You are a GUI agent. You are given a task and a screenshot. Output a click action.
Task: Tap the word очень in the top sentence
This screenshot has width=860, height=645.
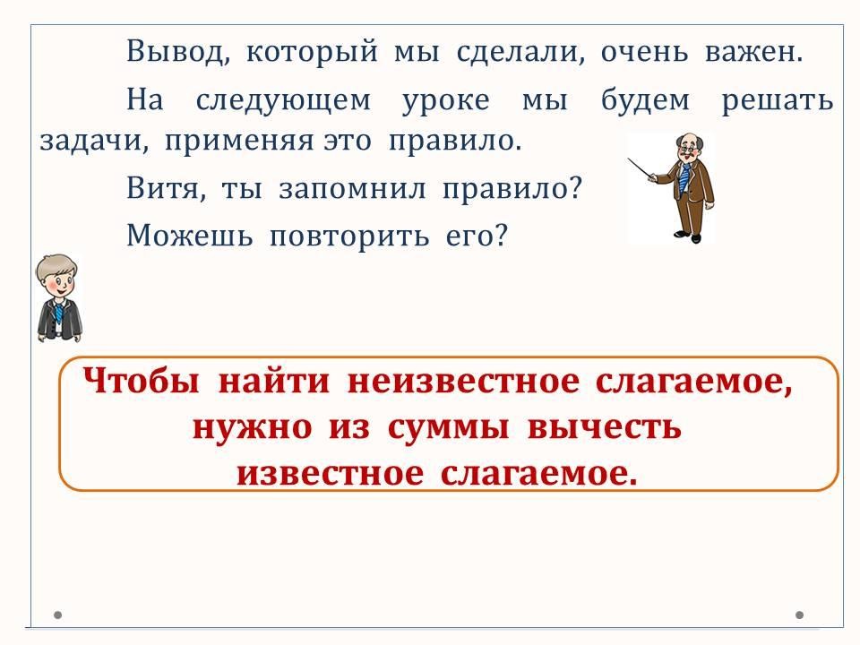644,52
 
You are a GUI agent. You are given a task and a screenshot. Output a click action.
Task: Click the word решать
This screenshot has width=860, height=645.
778,100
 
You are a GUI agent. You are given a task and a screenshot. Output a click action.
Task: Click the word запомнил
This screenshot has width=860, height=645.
352,189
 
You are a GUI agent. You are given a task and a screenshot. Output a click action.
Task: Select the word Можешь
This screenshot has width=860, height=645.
190,236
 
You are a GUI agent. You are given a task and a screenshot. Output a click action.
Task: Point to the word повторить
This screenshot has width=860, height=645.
349,236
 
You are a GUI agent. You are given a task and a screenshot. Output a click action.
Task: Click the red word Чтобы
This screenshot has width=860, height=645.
142,380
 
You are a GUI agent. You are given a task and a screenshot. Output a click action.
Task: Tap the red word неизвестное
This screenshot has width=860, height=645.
463,382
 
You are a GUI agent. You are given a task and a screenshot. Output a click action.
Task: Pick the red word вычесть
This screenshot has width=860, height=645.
604,426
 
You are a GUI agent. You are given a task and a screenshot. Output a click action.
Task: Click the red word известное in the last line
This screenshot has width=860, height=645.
331,474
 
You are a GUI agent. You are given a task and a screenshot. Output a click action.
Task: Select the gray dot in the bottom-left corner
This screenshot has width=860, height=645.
58,615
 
